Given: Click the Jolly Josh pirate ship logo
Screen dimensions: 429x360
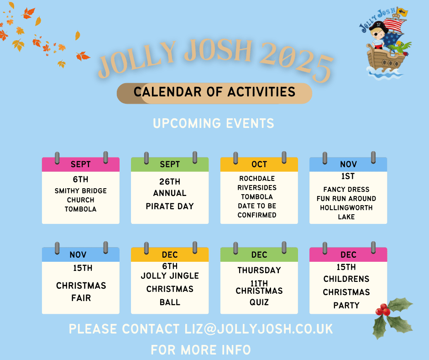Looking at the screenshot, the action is click(x=385, y=44).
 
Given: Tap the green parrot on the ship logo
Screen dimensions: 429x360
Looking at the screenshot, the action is click(x=400, y=48).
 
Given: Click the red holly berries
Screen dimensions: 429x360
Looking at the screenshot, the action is click(x=382, y=310).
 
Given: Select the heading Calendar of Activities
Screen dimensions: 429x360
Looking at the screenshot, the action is click(x=214, y=92).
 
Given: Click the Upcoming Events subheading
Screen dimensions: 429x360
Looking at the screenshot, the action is click(x=214, y=123).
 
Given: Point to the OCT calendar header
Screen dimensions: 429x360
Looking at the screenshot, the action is click(x=259, y=164).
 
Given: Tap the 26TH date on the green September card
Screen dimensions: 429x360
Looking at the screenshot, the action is click(x=170, y=181).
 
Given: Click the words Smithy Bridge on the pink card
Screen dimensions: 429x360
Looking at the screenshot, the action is click(x=80, y=191).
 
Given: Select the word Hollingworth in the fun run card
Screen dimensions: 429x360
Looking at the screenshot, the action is click(x=346, y=208).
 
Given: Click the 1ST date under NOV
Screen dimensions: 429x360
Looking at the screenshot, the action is click(x=348, y=176).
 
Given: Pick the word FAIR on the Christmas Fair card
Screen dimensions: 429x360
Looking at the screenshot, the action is click(x=81, y=298).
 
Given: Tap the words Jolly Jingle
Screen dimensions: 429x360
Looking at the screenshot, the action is click(x=170, y=275).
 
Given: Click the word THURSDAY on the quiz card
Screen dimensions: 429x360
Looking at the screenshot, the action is click(x=259, y=270).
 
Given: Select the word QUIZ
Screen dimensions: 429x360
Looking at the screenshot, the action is click(x=259, y=302).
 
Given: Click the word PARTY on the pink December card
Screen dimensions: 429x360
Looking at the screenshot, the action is click(x=346, y=305).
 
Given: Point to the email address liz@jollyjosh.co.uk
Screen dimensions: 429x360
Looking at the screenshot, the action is click(x=259, y=329).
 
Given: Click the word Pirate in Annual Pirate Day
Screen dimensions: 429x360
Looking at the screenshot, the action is click(x=160, y=206).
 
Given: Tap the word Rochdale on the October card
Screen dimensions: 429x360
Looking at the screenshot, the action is click(x=257, y=178).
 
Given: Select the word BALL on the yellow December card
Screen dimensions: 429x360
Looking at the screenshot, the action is click(x=170, y=302).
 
